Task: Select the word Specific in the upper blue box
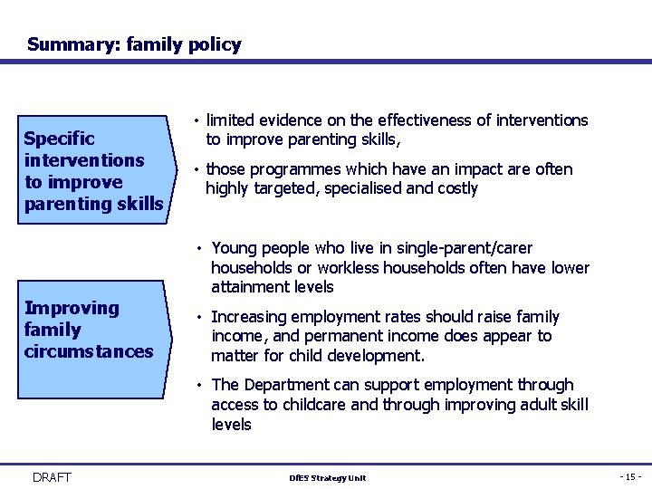pos(59,139)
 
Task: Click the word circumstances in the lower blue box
pos(89,351)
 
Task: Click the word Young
pos(235,248)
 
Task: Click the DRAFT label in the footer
pos(51,477)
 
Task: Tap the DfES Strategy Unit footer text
pos(326,478)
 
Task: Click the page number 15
pos(628,477)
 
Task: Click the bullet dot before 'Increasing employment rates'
pos(198,318)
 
